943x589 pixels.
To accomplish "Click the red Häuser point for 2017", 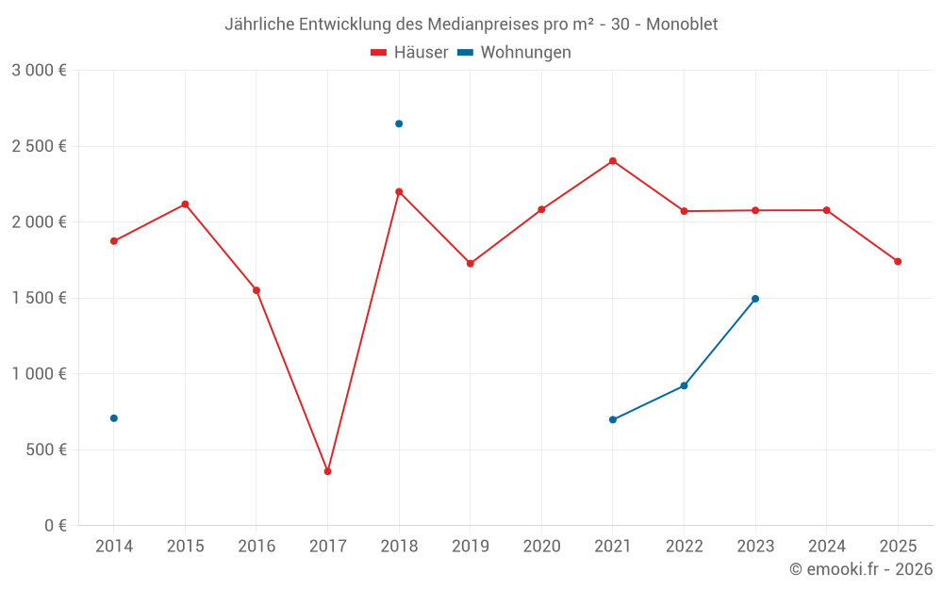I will (x=327, y=471).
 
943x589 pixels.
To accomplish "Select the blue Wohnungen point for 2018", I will (x=399, y=123).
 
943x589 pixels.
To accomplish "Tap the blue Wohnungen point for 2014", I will (x=114, y=418).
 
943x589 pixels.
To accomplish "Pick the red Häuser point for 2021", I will (x=613, y=161).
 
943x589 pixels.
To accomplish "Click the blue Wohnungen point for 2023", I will (x=755, y=299).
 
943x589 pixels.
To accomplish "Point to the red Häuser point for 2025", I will (x=898, y=262).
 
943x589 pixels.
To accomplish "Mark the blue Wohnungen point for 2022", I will (x=684, y=385).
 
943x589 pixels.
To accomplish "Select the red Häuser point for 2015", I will (x=185, y=205).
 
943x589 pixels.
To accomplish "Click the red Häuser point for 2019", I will (x=471, y=264).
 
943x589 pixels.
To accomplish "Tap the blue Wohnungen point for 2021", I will (x=613, y=419).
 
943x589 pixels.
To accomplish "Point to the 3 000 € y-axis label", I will (x=39, y=71).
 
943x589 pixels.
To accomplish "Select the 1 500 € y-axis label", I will (x=39, y=298).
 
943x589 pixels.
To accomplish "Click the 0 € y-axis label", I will (x=55, y=526).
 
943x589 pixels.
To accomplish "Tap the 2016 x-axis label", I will (x=256, y=547).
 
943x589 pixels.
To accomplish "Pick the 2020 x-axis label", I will (x=541, y=547).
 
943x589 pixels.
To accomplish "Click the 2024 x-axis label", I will (x=826, y=547).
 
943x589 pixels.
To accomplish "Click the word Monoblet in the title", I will (x=682, y=25).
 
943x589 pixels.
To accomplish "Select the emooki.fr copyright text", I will (x=861, y=569).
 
